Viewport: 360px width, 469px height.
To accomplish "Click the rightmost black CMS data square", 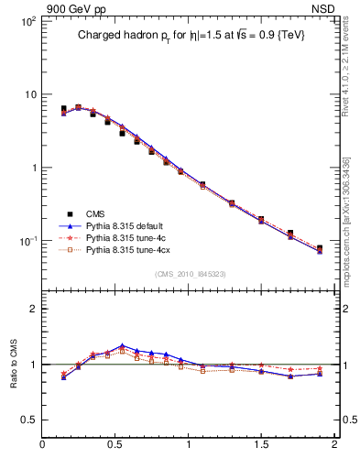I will (x=320, y=248).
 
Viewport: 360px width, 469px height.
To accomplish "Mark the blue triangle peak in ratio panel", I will (x=122, y=346).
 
